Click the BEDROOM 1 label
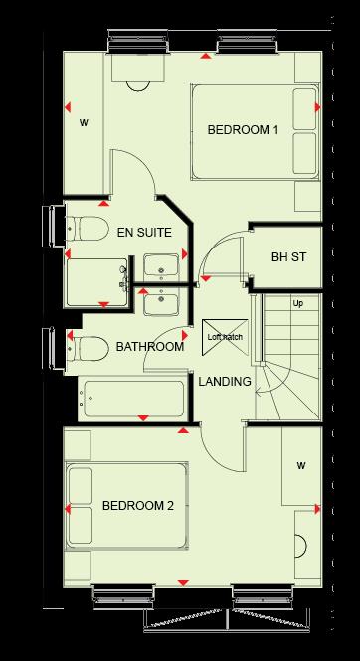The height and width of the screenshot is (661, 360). [243, 130]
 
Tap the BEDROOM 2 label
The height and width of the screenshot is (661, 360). [138, 506]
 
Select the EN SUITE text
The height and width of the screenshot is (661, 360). [144, 232]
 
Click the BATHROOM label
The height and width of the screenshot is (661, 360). [149, 347]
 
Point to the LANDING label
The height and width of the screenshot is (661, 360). [224, 381]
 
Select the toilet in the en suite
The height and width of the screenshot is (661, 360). [88, 229]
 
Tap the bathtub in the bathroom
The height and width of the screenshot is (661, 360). [133, 398]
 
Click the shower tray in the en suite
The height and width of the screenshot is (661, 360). [96, 283]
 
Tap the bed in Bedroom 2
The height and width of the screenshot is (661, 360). [125, 507]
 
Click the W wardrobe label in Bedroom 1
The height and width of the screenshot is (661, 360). [84, 124]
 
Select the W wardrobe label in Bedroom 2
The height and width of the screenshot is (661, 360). [299, 465]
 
